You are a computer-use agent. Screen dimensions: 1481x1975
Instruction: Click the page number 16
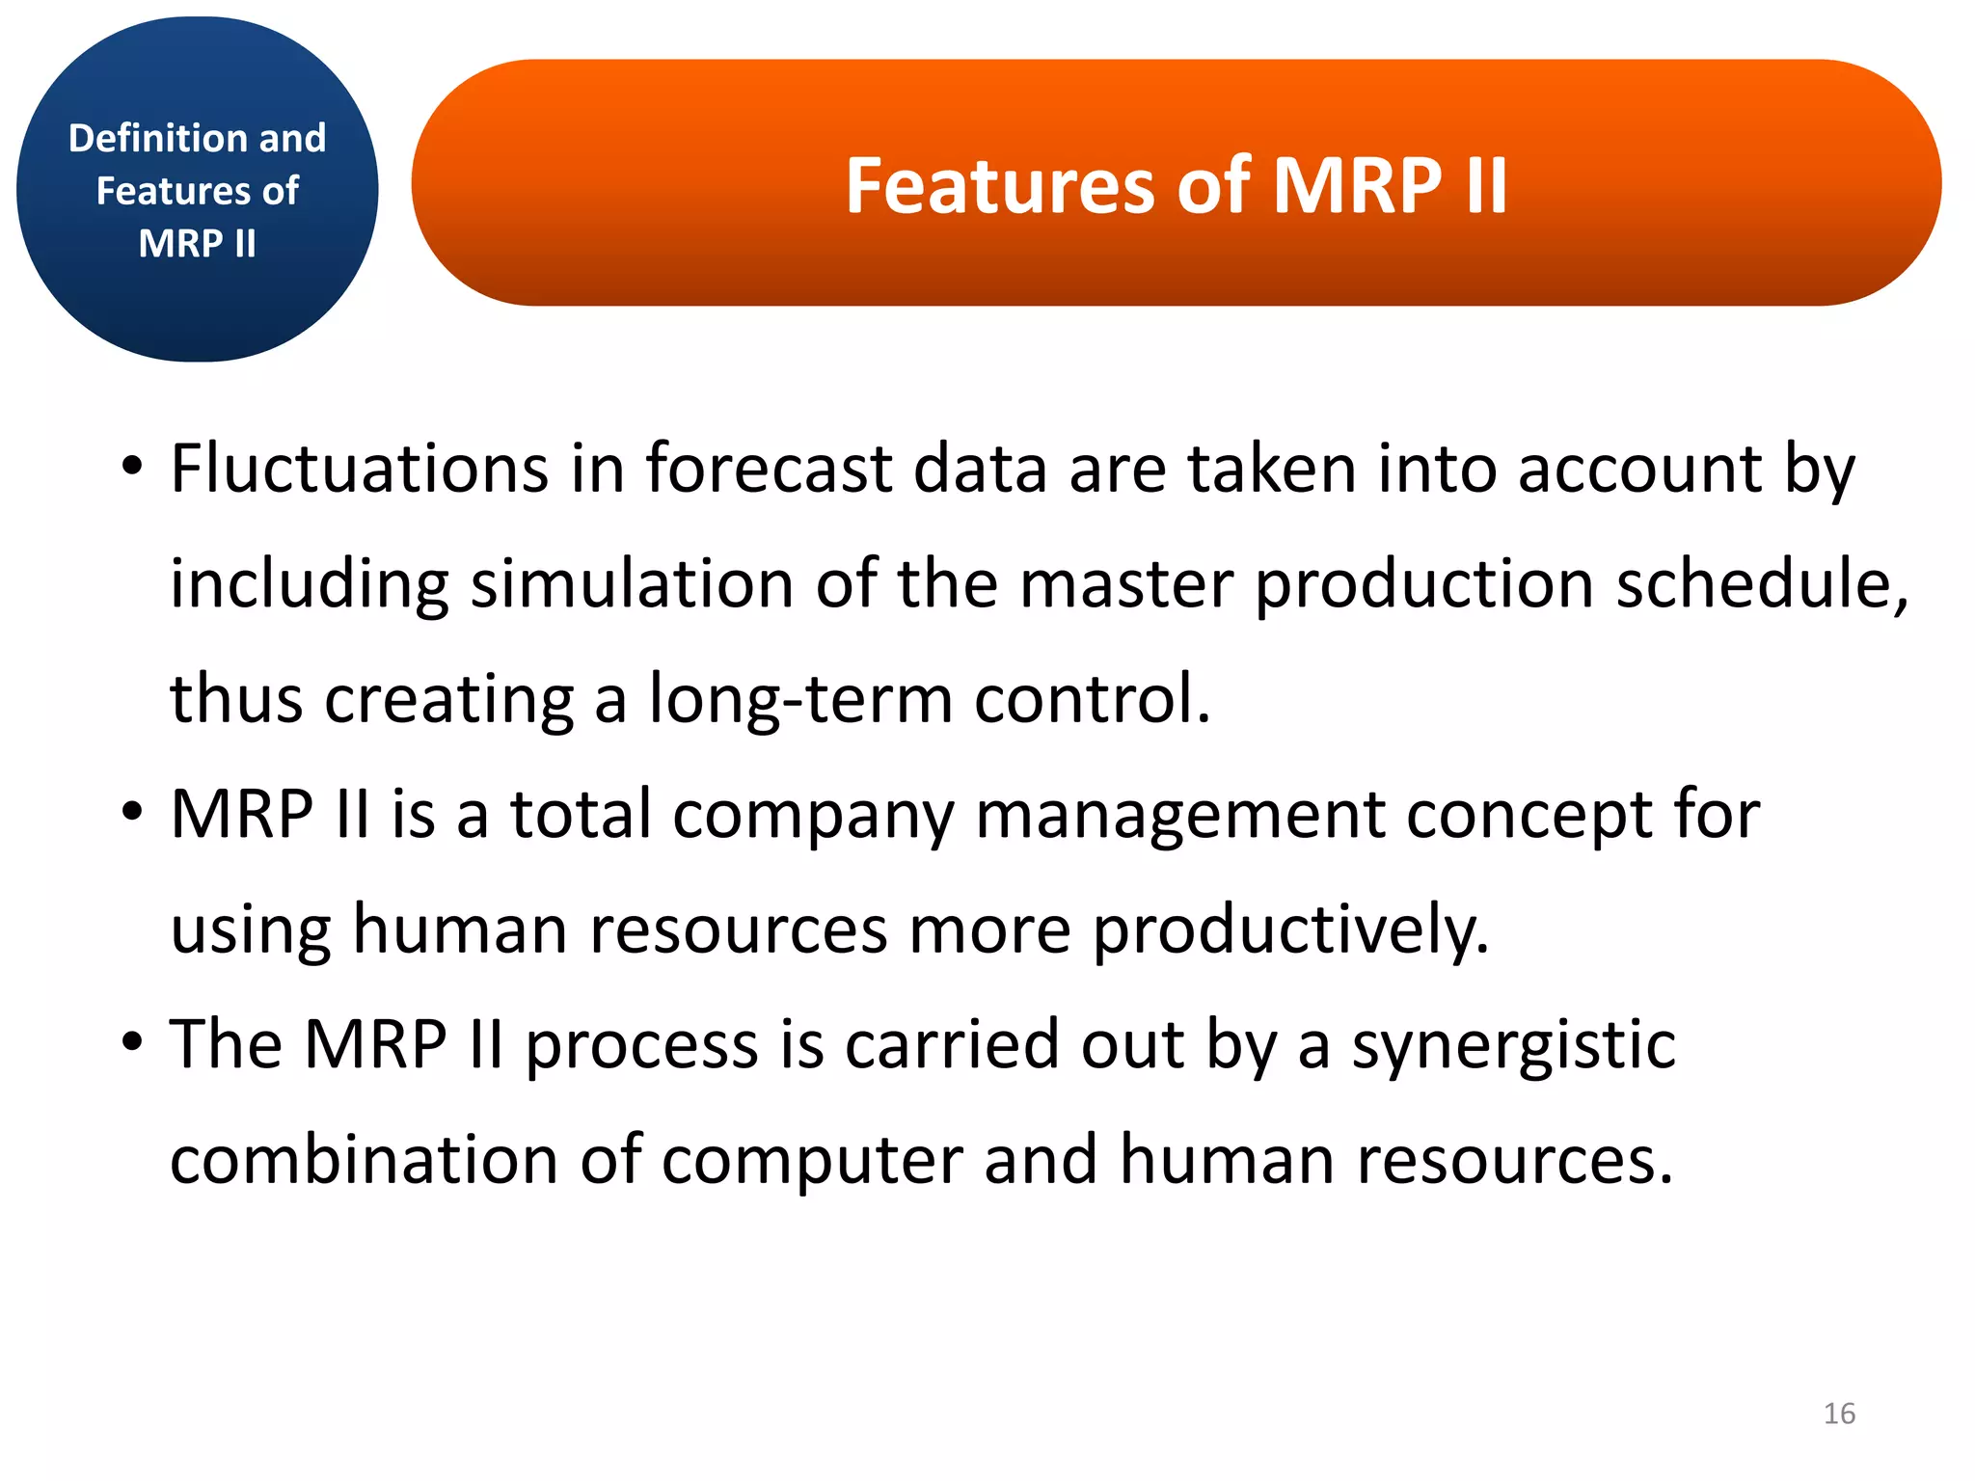1839,1414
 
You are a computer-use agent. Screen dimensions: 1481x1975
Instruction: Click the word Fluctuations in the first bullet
359,469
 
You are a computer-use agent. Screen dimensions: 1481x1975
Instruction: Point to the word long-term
799,698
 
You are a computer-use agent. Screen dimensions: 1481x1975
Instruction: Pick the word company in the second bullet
813,816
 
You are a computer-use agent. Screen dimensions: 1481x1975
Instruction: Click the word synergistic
1513,1045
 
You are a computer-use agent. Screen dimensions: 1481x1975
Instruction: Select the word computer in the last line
812,1160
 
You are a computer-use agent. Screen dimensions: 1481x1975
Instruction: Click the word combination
363,1160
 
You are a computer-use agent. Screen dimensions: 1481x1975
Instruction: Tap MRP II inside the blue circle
197,243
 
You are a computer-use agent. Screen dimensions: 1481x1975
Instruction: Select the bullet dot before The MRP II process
132,1043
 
